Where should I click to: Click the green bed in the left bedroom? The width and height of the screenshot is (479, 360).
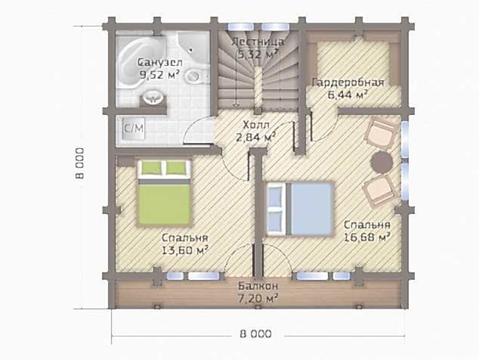[x=165, y=193]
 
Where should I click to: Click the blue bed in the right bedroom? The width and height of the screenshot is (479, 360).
[x=299, y=209]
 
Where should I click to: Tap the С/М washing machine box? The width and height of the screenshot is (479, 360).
[x=134, y=128]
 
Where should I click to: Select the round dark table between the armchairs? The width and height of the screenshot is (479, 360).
[x=382, y=162]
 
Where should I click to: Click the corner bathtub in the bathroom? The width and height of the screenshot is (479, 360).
[x=139, y=61]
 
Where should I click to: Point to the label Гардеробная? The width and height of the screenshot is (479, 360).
[x=348, y=82]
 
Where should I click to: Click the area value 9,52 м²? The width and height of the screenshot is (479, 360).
[x=159, y=74]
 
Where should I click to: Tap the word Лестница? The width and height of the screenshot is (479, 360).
[x=258, y=42]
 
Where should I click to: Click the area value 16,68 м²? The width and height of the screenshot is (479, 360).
[x=366, y=237]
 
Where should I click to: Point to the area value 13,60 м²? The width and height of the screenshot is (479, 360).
[x=185, y=250]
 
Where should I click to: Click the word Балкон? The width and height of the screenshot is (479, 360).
[x=258, y=287]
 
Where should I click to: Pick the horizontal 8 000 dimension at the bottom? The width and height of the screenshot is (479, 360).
[x=255, y=334]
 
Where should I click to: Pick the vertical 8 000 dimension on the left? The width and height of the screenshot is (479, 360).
[x=80, y=163]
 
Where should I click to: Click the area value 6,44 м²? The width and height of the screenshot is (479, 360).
[x=348, y=95]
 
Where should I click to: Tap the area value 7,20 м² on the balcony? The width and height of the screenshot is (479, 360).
[x=258, y=298]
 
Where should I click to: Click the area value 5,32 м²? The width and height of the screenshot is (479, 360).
[x=258, y=54]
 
